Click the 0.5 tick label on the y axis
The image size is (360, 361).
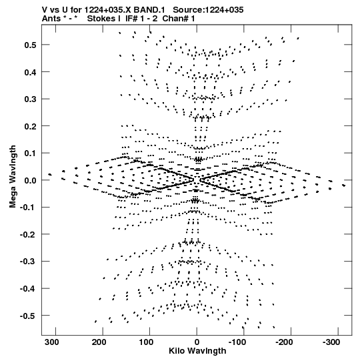pyautogui.click(x=31, y=45)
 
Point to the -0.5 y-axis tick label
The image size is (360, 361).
pyautogui.click(x=28, y=316)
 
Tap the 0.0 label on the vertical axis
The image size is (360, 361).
pyautogui.click(x=31, y=180)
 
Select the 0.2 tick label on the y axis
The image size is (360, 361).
pyautogui.click(x=31, y=126)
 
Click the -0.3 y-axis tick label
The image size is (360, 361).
pyautogui.click(x=28, y=262)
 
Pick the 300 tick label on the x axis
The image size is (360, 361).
pyautogui.click(x=52, y=342)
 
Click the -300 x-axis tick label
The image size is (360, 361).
pyautogui.click(x=331, y=342)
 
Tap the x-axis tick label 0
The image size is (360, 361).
pyautogui.click(x=197, y=342)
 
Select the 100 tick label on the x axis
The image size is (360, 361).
pyautogui.click(x=146, y=342)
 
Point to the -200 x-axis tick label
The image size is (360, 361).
pyautogui.click(x=284, y=342)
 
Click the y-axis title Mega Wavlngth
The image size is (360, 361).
pyautogui.click(x=13, y=177)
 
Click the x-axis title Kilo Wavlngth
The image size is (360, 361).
pyautogui.click(x=197, y=351)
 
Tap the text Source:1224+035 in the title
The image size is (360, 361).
pyautogui.click(x=208, y=10)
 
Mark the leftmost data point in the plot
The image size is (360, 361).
pyautogui.click(x=50, y=175)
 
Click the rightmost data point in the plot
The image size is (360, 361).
pyautogui.click(x=344, y=186)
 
